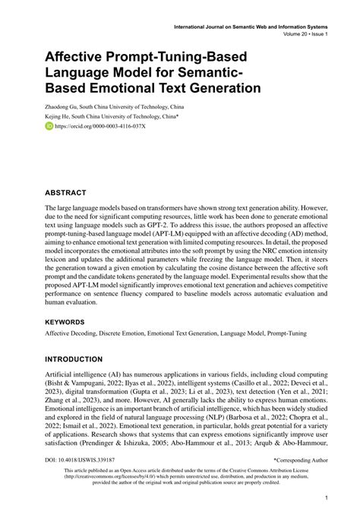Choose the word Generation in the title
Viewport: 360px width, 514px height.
[x=216, y=87]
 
